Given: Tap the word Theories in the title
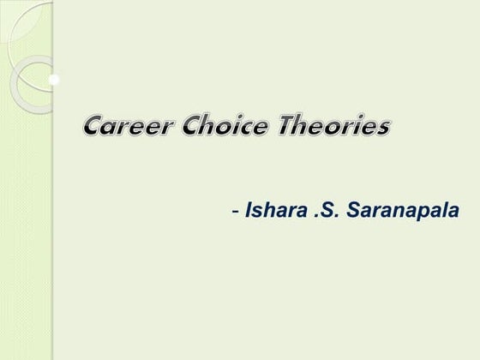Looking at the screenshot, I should click(x=335, y=129).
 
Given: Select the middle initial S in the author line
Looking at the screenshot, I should click(x=327, y=209).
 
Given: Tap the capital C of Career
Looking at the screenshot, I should click(x=95, y=129).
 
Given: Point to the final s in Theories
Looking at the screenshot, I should click(x=383, y=130).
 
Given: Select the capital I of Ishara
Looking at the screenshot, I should click(x=249, y=209).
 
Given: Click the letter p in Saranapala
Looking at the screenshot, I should click(x=423, y=213).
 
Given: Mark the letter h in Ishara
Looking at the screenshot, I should click(x=269, y=209).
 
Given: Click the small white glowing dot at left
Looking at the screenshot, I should click(x=54, y=81).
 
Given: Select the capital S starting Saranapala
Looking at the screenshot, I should click(x=349, y=209).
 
